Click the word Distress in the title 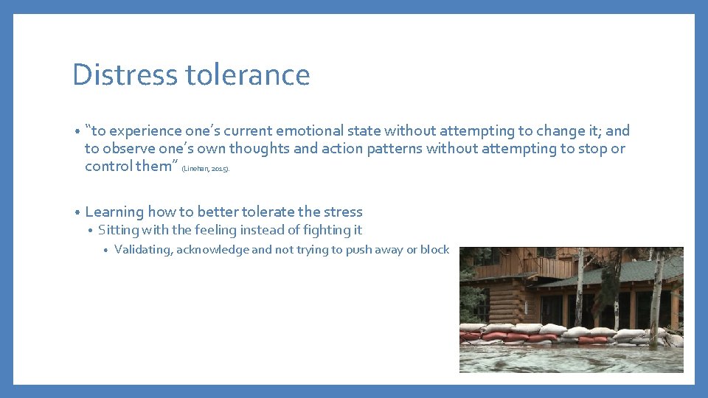125,75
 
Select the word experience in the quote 145,131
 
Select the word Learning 114,212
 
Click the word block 434,250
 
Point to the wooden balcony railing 549,267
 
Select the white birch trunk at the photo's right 655,295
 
